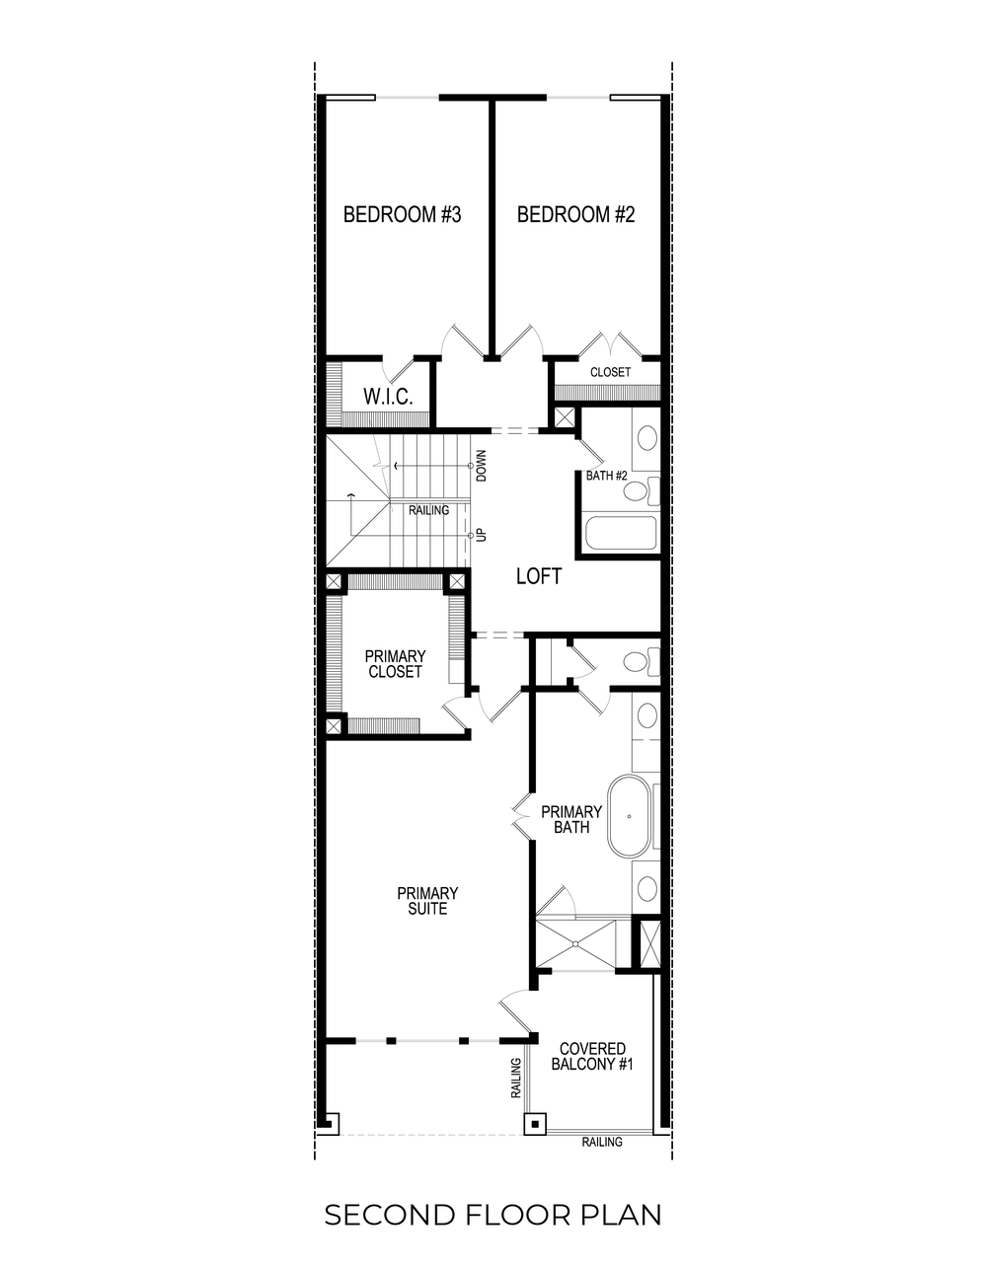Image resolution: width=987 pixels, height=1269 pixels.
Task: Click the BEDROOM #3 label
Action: (x=402, y=214)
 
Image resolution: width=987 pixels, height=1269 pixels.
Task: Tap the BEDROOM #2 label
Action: (x=575, y=214)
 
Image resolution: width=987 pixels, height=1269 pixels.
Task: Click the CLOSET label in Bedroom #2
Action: (x=610, y=372)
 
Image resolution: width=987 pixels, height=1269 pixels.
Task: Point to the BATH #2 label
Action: (x=607, y=477)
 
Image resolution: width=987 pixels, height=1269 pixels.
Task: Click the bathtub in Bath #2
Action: (x=621, y=534)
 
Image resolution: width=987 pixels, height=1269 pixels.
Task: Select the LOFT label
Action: (x=539, y=576)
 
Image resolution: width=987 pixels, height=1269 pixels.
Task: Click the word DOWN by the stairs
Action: (x=482, y=465)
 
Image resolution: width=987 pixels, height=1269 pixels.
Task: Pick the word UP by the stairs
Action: (x=482, y=534)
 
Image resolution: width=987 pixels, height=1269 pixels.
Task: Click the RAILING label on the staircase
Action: (x=428, y=510)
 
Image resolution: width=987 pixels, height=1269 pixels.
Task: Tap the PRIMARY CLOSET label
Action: (x=395, y=664)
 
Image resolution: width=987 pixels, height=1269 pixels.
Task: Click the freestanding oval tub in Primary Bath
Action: (x=631, y=816)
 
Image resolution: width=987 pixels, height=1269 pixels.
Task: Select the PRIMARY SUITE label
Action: (x=427, y=901)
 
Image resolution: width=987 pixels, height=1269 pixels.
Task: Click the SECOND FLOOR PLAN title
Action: (x=493, y=1215)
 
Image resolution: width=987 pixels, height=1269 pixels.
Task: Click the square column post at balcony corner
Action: (x=534, y=1123)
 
